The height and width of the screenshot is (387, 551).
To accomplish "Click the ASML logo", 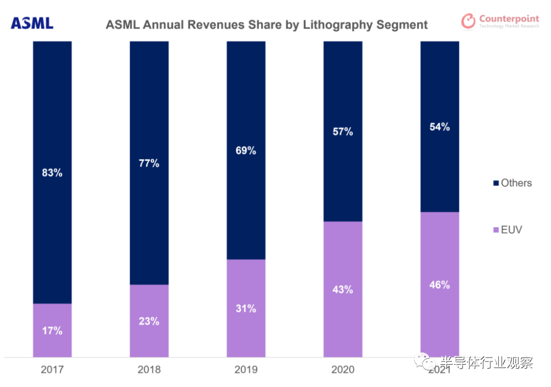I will pos(32,23).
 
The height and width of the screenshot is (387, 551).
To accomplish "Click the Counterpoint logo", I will pos(500,22).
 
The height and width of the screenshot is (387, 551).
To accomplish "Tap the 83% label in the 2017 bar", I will pos(52,173).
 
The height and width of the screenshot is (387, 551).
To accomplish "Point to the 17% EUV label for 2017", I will pos(52,330).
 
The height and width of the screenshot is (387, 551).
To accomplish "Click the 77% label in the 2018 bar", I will pos(149,163).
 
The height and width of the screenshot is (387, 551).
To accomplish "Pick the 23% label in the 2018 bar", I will pos(149,321).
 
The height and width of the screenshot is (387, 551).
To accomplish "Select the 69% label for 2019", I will pos(246,150).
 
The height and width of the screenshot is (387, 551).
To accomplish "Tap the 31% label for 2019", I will pos(246,308).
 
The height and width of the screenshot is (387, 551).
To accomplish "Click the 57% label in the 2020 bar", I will pos(342,131).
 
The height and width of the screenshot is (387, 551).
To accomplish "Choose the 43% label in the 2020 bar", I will pos(342,290).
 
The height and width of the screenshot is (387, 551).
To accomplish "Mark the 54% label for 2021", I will pos(439,127).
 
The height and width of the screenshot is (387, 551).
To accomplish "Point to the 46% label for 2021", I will pos(439,285).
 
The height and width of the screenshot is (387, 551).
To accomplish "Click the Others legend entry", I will pos(512,183).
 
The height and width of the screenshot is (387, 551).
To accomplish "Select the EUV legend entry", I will pos(507,229).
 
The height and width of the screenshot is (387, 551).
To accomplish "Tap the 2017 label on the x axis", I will pos(52,370).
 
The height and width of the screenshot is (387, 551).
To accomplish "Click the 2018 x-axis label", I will pos(149,370).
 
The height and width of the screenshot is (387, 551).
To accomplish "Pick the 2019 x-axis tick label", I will pos(246,370).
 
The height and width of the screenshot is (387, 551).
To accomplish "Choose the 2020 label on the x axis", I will pos(342,370).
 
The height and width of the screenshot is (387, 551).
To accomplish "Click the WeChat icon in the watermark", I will pos(428,362).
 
